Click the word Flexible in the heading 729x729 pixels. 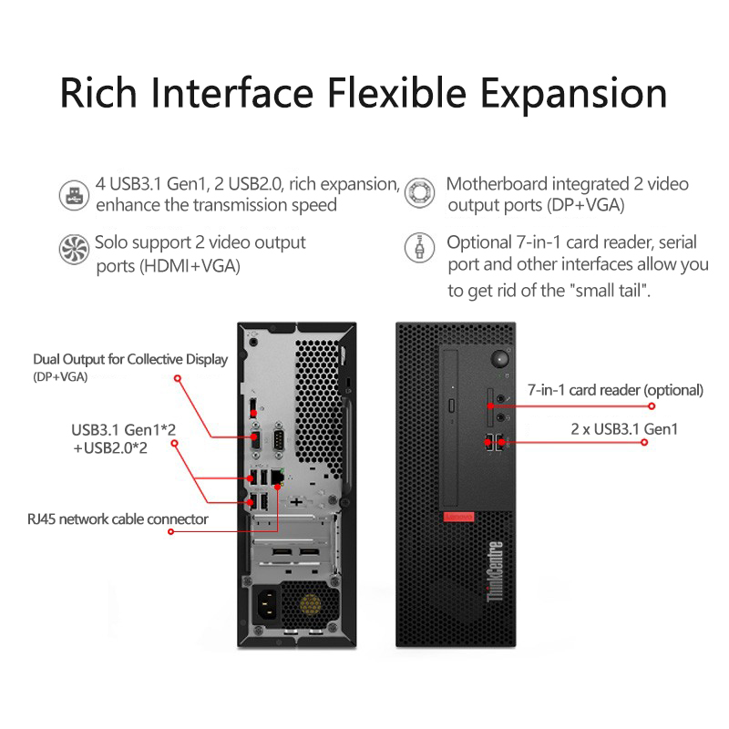click(x=396, y=93)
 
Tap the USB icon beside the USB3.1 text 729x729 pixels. click(x=74, y=195)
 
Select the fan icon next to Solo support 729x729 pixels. click(x=74, y=249)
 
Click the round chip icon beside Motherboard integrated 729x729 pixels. click(x=419, y=192)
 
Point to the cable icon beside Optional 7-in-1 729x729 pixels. click(x=419, y=247)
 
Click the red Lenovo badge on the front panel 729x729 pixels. click(x=458, y=517)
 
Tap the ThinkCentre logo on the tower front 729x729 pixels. click(x=495, y=571)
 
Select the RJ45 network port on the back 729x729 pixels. click(x=277, y=477)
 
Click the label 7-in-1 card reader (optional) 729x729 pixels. click(x=615, y=390)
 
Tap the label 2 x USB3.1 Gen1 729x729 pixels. click(x=624, y=428)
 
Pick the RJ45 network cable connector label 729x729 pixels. click(x=118, y=519)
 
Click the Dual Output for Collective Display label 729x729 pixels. click(x=130, y=359)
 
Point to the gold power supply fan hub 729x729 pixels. click(x=310, y=604)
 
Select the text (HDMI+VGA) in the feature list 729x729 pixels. click(x=190, y=266)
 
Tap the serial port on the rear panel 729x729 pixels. click(x=279, y=436)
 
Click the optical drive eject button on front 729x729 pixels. click(x=451, y=406)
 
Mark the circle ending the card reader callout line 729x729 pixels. click(x=652, y=406)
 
